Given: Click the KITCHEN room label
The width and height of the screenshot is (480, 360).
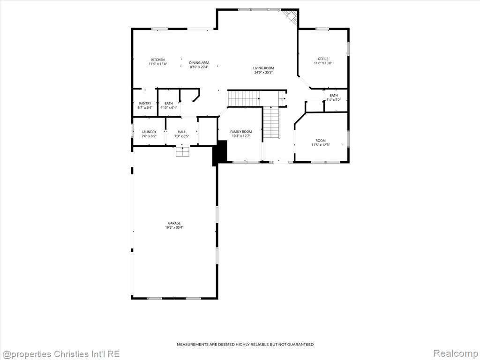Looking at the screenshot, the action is (x=158, y=60).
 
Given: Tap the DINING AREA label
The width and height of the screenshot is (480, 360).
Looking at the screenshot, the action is (x=199, y=63).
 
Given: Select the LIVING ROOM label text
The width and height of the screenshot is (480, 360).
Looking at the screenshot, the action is (x=263, y=68).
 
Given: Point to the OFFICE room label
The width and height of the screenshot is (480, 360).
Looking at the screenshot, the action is (x=323, y=59).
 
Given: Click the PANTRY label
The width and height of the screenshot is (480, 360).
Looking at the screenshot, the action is (x=145, y=104).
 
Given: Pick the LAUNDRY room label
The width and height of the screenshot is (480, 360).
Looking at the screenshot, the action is (x=149, y=132).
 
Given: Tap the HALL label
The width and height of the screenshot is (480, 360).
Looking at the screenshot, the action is (x=182, y=132).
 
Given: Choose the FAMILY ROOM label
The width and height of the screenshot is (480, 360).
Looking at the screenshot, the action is (x=241, y=132).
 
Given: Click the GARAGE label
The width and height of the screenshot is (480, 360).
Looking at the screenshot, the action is (x=174, y=223).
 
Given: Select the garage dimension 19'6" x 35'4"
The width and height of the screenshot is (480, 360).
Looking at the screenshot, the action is (x=174, y=227).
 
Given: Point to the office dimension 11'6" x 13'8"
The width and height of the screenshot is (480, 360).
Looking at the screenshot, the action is (x=323, y=63).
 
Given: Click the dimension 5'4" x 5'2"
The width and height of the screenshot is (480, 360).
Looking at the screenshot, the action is (x=334, y=100).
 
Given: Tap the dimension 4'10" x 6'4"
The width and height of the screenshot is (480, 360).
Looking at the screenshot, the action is (x=169, y=108).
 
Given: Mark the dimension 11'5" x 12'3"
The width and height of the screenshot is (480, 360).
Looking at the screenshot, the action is (x=321, y=145).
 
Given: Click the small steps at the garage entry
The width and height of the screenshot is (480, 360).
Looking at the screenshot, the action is (x=183, y=152).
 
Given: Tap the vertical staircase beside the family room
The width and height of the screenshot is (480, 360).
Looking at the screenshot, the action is (x=272, y=122).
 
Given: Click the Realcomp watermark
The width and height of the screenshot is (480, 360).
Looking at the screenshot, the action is (x=455, y=353).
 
